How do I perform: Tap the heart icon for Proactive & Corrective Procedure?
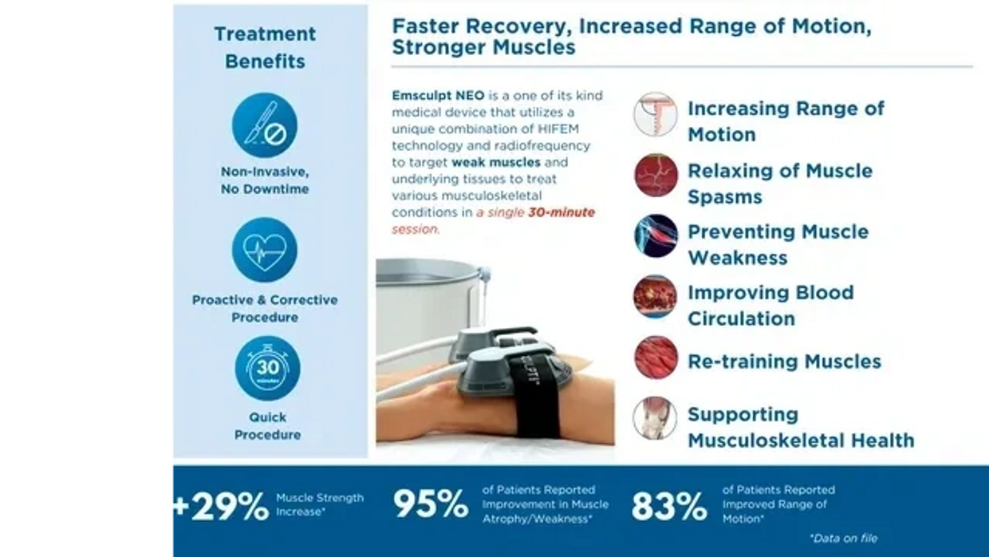click(x=265, y=249)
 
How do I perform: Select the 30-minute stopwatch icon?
click(x=267, y=368)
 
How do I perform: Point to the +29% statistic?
click(x=220, y=506)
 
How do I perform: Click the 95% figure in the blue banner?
click(x=430, y=504)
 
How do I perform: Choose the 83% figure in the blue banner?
click(x=669, y=506)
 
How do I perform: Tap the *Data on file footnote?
click(x=843, y=538)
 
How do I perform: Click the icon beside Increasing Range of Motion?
click(x=656, y=114)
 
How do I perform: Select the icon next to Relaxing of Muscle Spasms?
click(x=656, y=176)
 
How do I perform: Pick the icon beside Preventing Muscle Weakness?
click(x=656, y=236)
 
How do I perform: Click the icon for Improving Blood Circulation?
click(x=656, y=297)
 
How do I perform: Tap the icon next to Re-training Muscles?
click(x=656, y=357)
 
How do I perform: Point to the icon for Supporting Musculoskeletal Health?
click(x=656, y=418)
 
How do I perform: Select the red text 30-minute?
click(x=561, y=213)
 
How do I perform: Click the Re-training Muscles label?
click(x=784, y=361)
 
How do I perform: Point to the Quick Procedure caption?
click(x=267, y=425)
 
